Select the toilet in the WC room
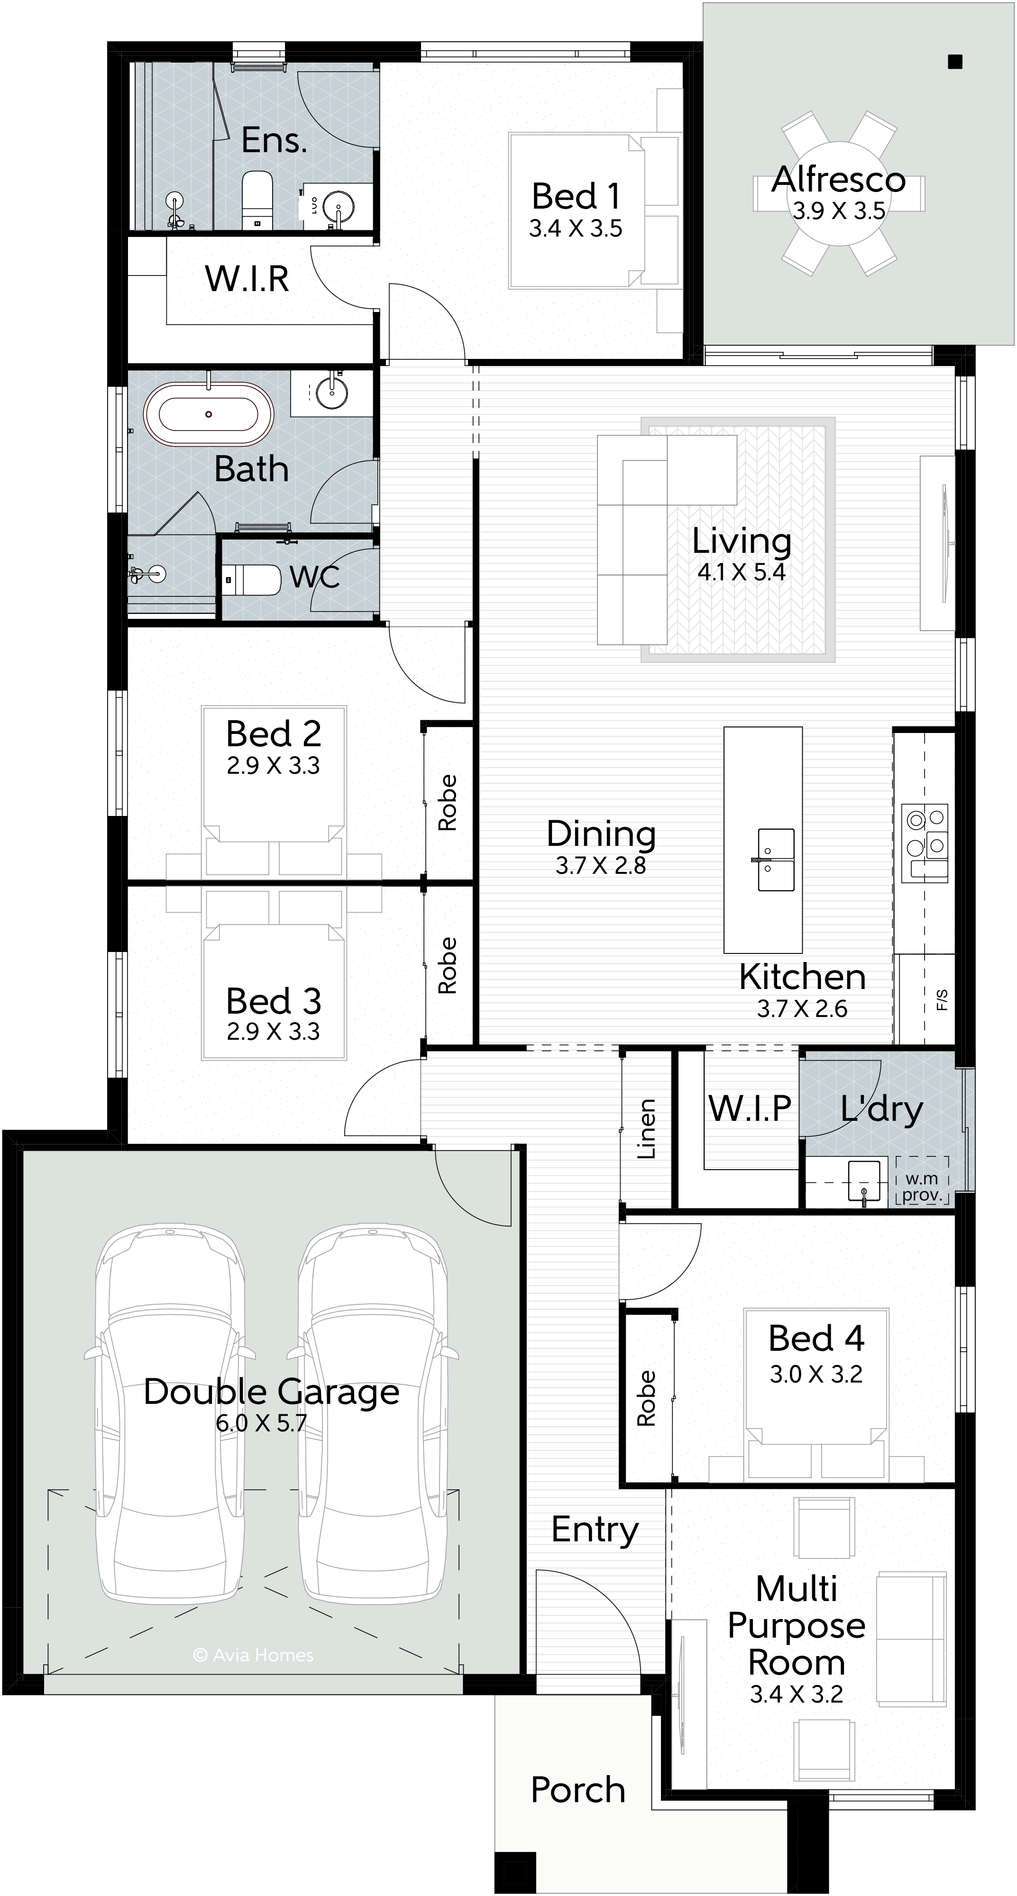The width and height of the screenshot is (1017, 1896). click(x=252, y=580)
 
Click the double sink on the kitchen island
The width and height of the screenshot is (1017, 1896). click(x=776, y=860)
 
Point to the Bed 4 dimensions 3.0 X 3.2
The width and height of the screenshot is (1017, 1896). click(x=816, y=1374)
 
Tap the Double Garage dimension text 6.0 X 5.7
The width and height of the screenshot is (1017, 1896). click(x=261, y=1423)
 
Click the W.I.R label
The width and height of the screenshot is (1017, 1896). click(x=247, y=278)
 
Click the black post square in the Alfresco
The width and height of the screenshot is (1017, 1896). click(x=955, y=62)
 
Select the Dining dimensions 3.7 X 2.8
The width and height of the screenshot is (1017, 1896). click(x=601, y=866)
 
